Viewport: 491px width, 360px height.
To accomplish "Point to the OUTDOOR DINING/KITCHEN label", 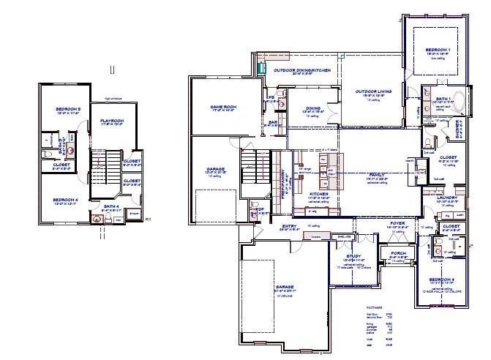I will click(302, 70).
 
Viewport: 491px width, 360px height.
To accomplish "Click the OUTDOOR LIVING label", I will click(373, 91).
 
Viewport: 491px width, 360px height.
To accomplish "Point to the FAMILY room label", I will click(377, 174).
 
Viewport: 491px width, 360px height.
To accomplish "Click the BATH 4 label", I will click(111, 207).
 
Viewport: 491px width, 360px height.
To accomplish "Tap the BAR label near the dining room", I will click(272, 122).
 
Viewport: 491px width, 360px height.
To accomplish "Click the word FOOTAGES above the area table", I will click(373, 307).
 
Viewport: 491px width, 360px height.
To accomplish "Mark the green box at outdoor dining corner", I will click(262, 67).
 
